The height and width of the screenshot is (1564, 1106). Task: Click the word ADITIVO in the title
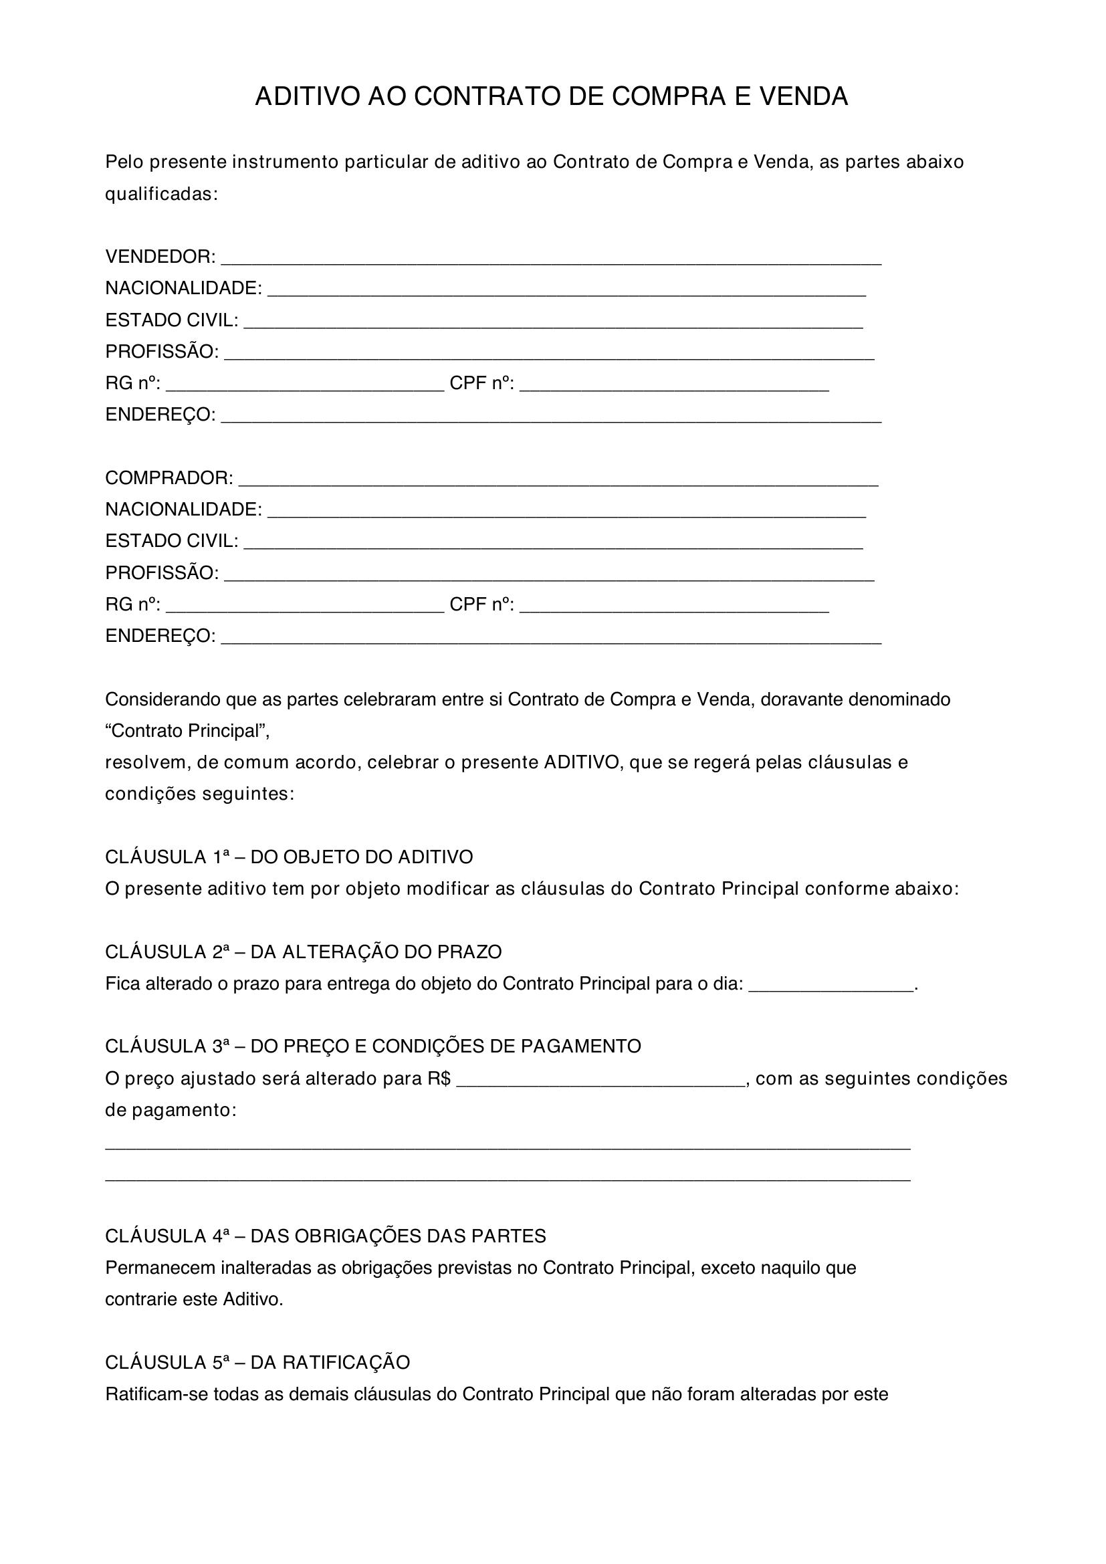tap(306, 97)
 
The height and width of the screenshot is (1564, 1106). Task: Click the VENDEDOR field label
tap(160, 257)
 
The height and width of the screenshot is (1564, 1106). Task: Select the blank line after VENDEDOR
tap(551, 261)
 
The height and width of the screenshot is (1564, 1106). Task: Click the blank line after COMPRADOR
tap(558, 482)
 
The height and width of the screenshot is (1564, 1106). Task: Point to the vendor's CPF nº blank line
tap(674, 388)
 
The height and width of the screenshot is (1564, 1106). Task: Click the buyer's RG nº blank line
tap(305, 610)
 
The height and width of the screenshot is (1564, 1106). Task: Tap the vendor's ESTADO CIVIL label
tap(172, 320)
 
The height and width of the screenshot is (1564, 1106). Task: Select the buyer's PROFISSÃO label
tap(162, 573)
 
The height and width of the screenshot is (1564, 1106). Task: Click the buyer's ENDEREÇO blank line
tap(551, 641)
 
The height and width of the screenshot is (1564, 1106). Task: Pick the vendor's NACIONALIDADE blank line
tap(566, 294)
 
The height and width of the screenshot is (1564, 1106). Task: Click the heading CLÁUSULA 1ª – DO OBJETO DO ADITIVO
tap(289, 857)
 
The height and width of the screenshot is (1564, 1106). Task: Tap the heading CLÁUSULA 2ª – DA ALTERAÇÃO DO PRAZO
tap(303, 952)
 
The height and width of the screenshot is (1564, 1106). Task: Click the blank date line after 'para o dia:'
tap(831, 989)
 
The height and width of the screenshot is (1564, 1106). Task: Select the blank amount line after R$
tap(601, 1085)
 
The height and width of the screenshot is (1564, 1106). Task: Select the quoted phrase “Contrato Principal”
tap(187, 731)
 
